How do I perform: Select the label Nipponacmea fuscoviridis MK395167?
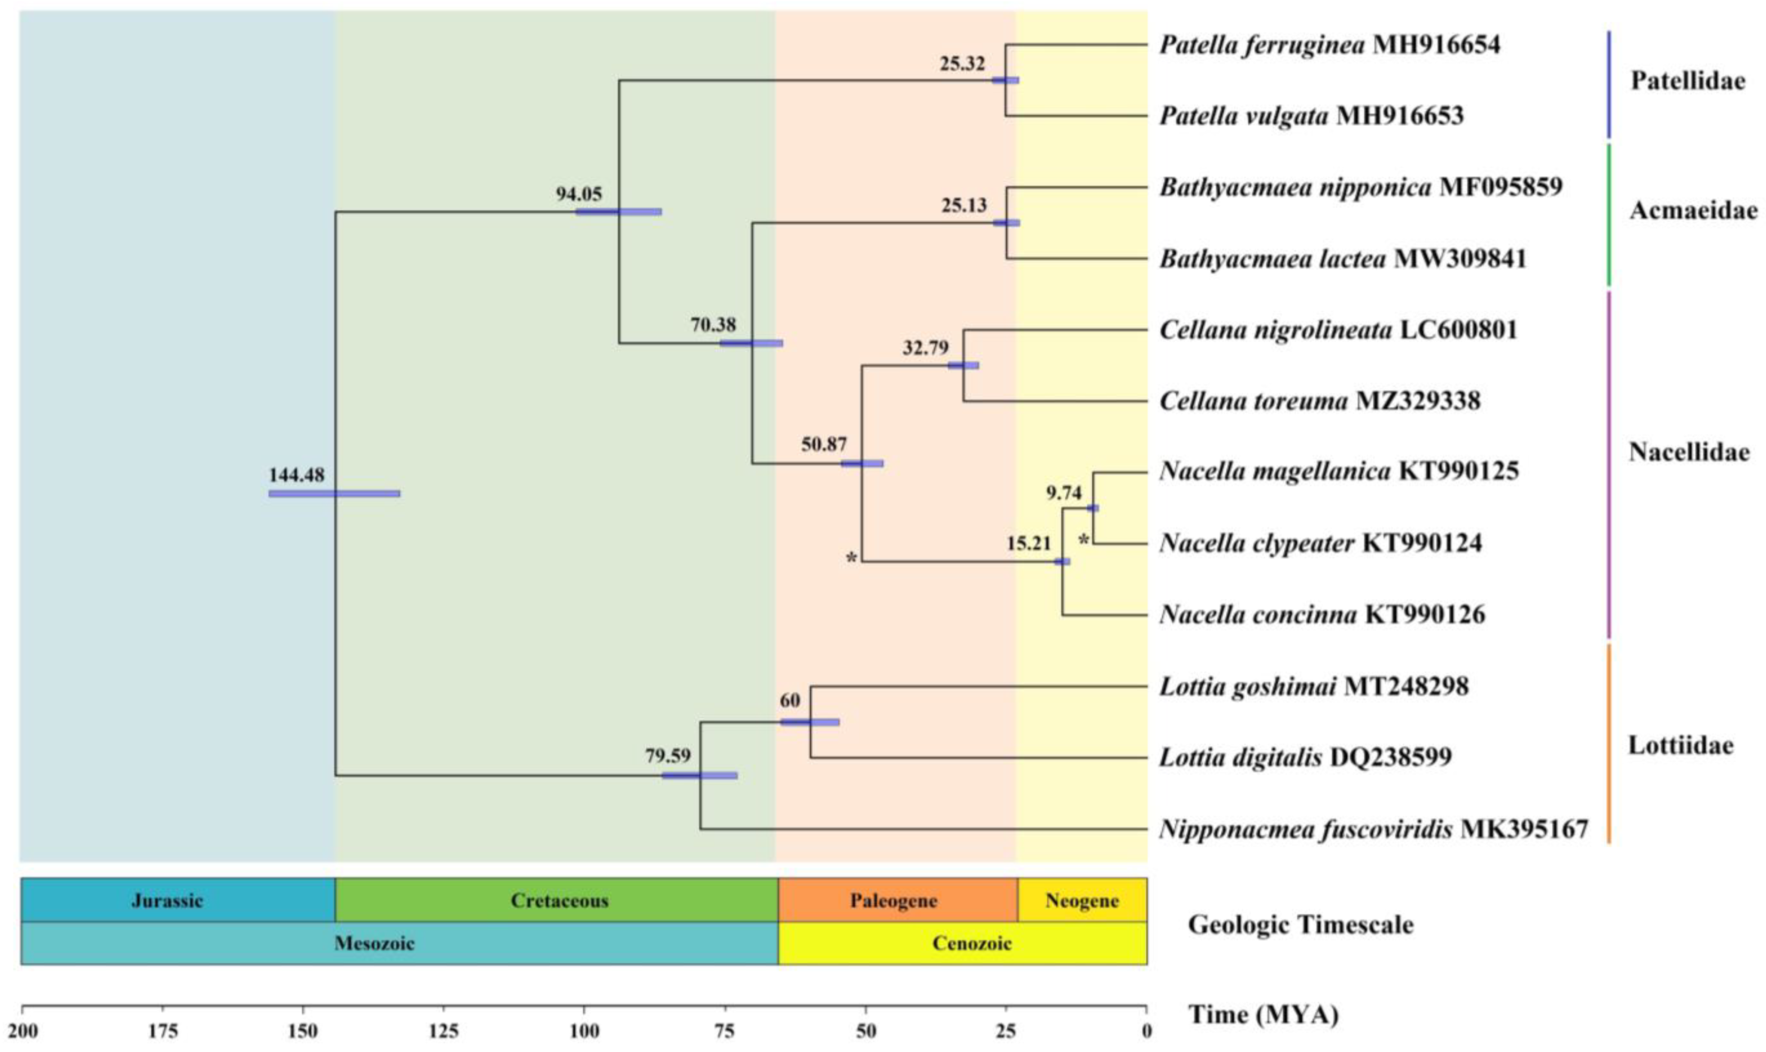point(1373,829)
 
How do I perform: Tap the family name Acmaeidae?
point(1693,211)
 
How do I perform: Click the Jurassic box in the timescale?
point(167,900)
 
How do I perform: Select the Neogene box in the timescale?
point(1082,900)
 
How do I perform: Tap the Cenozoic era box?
point(971,943)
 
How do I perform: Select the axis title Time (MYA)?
point(1263,1015)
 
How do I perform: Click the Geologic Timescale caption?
point(1300,925)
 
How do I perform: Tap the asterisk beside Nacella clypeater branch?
point(1083,541)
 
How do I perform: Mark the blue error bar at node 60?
point(810,722)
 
